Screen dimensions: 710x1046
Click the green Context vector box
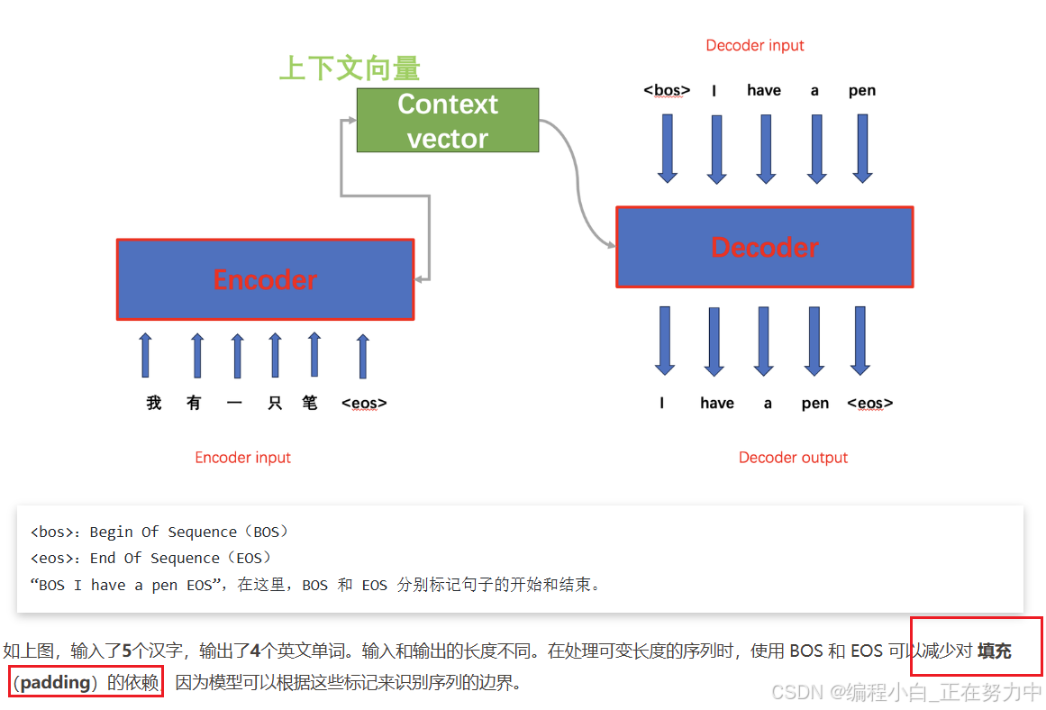pos(448,120)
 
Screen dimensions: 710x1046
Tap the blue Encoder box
pos(265,279)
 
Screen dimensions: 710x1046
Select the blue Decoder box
pos(764,247)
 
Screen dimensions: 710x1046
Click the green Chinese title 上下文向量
pos(350,68)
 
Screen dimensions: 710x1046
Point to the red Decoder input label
pos(755,45)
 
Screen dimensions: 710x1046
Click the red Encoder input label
pos(242,457)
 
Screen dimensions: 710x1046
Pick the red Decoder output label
pos(793,457)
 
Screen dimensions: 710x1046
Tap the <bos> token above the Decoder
pos(667,90)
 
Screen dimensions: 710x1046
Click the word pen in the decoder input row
pos(861,90)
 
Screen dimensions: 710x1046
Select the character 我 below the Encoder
pos(154,403)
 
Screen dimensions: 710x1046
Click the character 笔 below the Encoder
pos(310,403)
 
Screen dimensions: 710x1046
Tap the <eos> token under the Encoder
pos(364,403)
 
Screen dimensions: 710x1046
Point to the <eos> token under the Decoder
pos(869,403)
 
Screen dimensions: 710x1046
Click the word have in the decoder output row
pos(717,403)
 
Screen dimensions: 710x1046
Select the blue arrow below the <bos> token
pos(667,148)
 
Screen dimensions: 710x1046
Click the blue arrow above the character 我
pos(146,355)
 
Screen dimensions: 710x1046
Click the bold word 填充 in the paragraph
pos(995,651)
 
